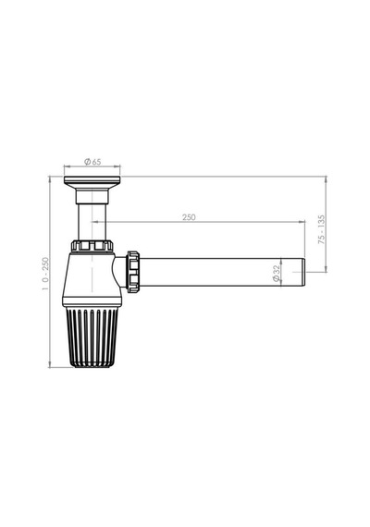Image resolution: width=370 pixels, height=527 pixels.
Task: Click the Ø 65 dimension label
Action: click(x=92, y=162)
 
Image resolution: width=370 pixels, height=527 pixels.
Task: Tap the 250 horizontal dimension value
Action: click(x=189, y=217)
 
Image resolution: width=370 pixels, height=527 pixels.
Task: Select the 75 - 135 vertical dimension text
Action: click(x=322, y=229)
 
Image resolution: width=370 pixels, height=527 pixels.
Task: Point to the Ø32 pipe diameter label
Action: click(x=277, y=273)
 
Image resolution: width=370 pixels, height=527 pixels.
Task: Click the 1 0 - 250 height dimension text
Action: click(x=45, y=274)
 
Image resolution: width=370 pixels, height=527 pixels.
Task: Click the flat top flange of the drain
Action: click(x=92, y=181)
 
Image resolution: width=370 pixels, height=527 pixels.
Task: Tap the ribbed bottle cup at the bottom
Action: click(x=92, y=337)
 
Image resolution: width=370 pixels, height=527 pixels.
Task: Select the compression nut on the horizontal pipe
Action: click(x=133, y=272)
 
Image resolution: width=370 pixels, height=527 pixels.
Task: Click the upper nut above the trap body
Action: click(x=92, y=245)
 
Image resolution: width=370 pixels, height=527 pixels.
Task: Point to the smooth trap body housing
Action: click(x=91, y=279)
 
